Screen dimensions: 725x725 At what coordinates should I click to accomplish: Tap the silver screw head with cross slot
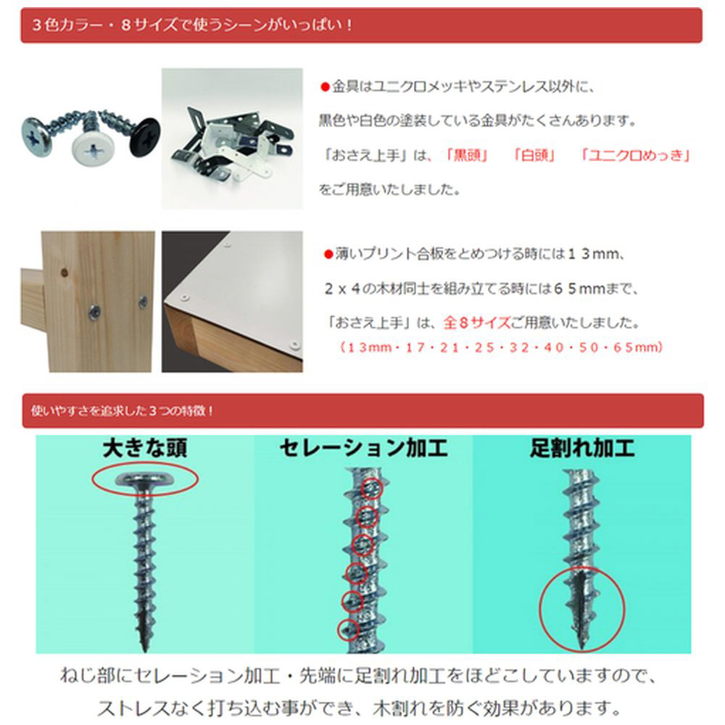point(37,137)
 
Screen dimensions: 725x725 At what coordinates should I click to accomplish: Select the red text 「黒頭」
point(465,155)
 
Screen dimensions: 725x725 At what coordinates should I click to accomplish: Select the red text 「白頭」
point(534,155)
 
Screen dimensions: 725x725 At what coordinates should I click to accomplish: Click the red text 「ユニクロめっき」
point(636,155)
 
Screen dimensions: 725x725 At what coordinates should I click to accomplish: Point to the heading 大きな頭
point(145,448)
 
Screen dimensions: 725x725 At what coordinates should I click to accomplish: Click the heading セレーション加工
point(364,448)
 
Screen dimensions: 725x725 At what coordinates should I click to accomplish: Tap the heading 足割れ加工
point(582,448)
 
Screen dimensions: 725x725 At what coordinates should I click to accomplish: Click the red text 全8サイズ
point(477,323)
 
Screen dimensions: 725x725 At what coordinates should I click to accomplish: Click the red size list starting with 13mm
point(501,347)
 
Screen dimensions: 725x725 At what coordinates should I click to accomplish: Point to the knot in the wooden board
point(65,273)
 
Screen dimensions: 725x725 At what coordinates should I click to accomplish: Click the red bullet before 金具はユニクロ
point(325,87)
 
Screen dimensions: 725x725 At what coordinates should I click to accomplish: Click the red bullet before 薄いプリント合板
point(328,254)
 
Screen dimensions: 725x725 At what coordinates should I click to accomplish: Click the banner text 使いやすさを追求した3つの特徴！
point(122,410)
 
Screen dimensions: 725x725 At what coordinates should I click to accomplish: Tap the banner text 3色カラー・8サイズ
point(104,25)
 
